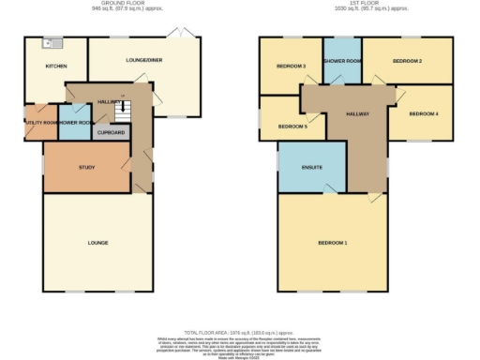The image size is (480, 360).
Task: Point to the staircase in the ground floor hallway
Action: (x=119, y=111)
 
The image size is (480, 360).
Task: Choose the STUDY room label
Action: (x=86, y=168)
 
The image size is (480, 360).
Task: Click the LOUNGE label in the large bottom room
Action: (x=97, y=243)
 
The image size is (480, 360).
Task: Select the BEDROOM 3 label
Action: (x=291, y=67)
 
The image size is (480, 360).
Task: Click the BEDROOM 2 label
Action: (x=406, y=61)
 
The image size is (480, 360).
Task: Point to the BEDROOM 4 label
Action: (x=424, y=114)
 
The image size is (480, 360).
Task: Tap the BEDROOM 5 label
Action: (x=292, y=126)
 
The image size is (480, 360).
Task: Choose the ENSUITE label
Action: (x=312, y=168)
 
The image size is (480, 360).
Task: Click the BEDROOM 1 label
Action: (x=332, y=243)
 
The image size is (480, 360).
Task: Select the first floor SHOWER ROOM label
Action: (x=342, y=61)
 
